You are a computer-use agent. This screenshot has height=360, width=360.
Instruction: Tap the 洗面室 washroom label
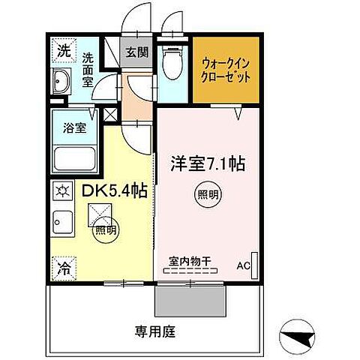[88, 68]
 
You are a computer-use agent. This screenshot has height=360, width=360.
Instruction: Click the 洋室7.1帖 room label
[201, 161]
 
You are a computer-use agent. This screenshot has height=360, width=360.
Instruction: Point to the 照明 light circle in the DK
[105, 229]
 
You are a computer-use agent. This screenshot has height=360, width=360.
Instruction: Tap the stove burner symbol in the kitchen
[61, 191]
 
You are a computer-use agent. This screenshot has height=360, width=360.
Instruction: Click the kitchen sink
[62, 223]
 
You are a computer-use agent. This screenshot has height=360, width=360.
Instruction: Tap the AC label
[244, 265]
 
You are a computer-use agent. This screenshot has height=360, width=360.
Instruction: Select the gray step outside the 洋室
[190, 302]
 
